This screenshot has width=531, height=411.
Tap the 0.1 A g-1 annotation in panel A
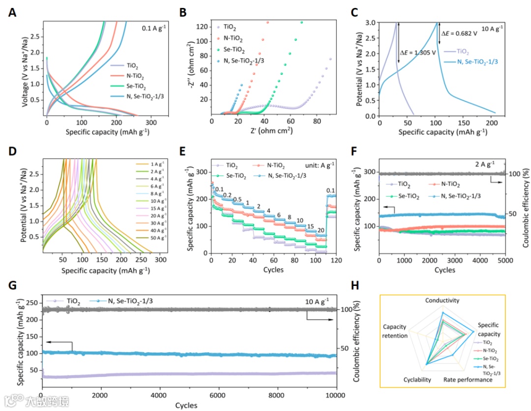(x=153, y=28)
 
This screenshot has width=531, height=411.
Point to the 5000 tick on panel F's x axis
(x=505, y=260)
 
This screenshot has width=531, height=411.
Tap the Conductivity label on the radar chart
(x=442, y=300)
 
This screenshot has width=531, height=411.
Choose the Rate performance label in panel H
(x=464, y=379)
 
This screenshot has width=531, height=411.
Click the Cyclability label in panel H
(x=417, y=379)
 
